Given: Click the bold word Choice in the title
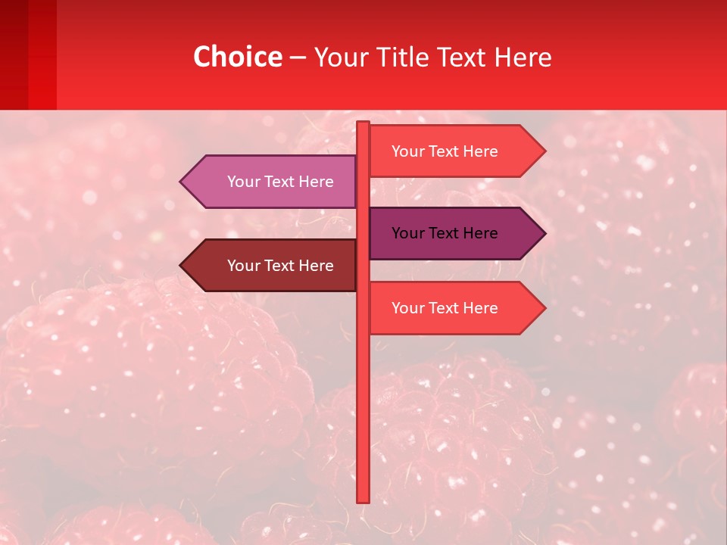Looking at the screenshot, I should pyautogui.click(x=237, y=58).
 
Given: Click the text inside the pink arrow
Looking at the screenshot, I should pyautogui.click(x=280, y=182).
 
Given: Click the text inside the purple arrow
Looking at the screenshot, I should pyautogui.click(x=445, y=233).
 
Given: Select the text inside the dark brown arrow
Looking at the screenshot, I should pyautogui.click(x=280, y=266).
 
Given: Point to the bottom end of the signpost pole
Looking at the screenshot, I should pyautogui.click(x=363, y=500).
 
